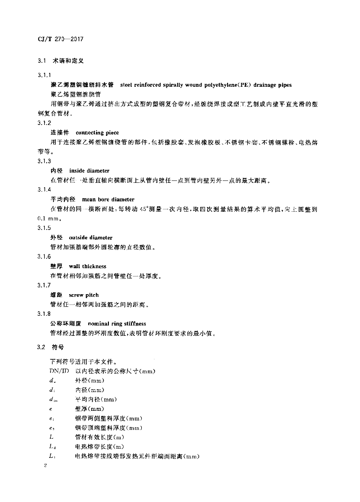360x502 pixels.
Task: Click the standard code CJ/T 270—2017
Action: coord(62,38)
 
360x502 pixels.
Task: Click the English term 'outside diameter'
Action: coord(91,238)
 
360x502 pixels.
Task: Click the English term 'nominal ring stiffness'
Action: coord(116,324)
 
